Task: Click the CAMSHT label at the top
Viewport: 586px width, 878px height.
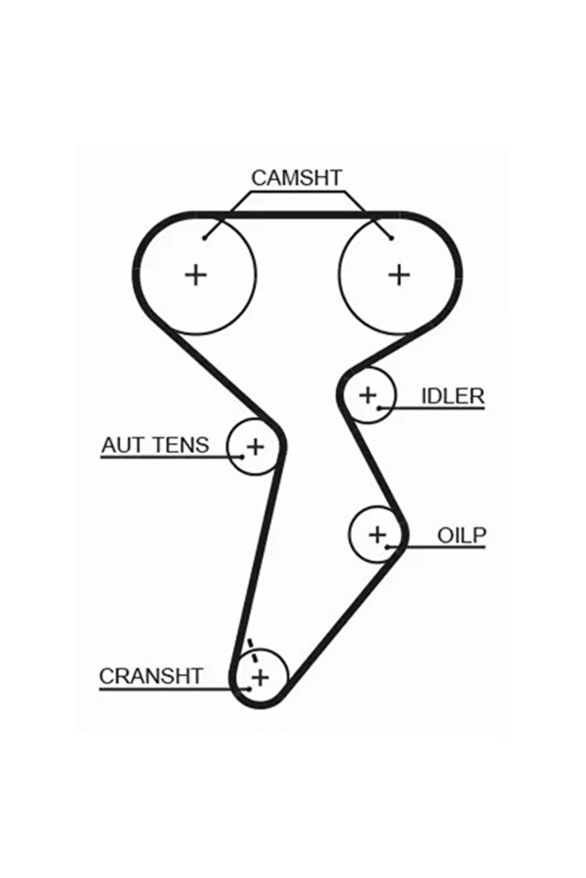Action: point(295,177)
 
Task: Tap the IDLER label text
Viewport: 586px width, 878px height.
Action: point(451,395)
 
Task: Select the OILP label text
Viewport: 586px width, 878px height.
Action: point(460,536)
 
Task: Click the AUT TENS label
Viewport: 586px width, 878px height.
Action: point(155,444)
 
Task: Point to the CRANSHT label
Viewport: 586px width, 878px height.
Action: point(151,675)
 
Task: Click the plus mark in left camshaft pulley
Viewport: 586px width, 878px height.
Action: point(195,274)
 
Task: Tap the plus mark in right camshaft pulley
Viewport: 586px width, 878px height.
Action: point(399,274)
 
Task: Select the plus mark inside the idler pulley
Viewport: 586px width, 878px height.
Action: point(367,394)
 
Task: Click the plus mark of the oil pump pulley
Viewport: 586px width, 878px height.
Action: point(377,535)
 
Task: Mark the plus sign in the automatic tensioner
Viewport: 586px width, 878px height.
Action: point(255,445)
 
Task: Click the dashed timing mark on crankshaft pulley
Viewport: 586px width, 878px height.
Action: point(251,650)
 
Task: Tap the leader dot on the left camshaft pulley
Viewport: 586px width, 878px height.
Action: point(205,237)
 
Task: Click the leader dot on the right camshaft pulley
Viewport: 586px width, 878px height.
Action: point(391,237)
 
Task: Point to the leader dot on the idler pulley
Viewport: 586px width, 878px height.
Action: point(379,407)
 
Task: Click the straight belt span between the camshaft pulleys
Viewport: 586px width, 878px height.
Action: point(297,216)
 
